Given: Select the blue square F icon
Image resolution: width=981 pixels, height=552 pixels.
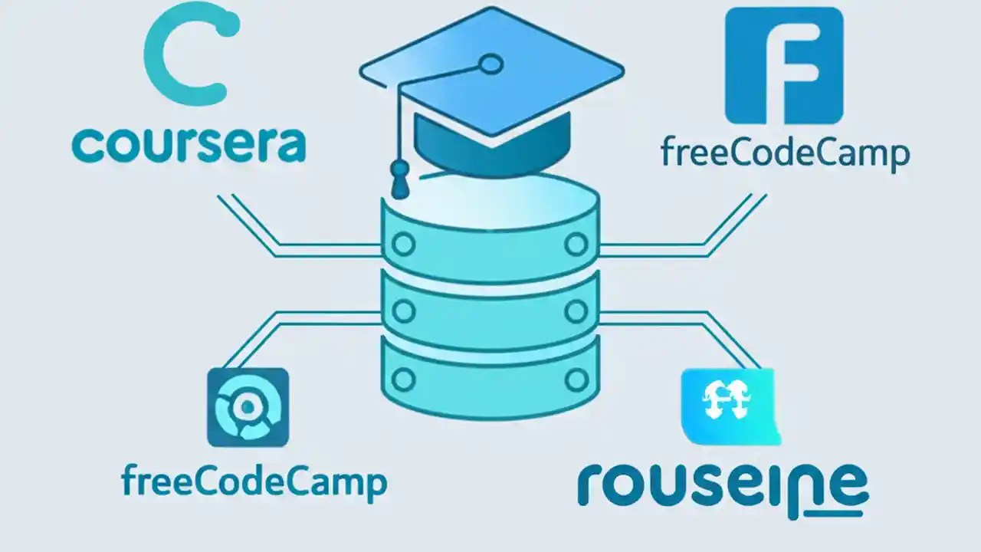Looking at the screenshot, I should click(x=783, y=66).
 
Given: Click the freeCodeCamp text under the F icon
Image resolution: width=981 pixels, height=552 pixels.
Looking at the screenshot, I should click(x=784, y=154).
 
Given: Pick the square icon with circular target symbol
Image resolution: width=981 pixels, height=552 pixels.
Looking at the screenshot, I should click(x=248, y=407).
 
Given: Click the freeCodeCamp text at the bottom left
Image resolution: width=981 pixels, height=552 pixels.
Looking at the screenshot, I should click(x=254, y=484).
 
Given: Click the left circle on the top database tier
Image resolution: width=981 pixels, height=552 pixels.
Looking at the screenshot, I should click(x=404, y=245).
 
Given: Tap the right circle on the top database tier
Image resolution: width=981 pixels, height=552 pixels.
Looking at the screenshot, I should click(x=576, y=245).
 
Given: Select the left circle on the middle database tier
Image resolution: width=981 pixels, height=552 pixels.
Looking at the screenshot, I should click(x=404, y=310).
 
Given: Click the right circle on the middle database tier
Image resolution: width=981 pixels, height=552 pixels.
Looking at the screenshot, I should click(x=576, y=310).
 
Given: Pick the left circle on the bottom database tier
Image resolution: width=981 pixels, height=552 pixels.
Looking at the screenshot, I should click(x=404, y=378).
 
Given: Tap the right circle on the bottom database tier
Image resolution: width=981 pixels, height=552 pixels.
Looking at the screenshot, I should click(x=576, y=378).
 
